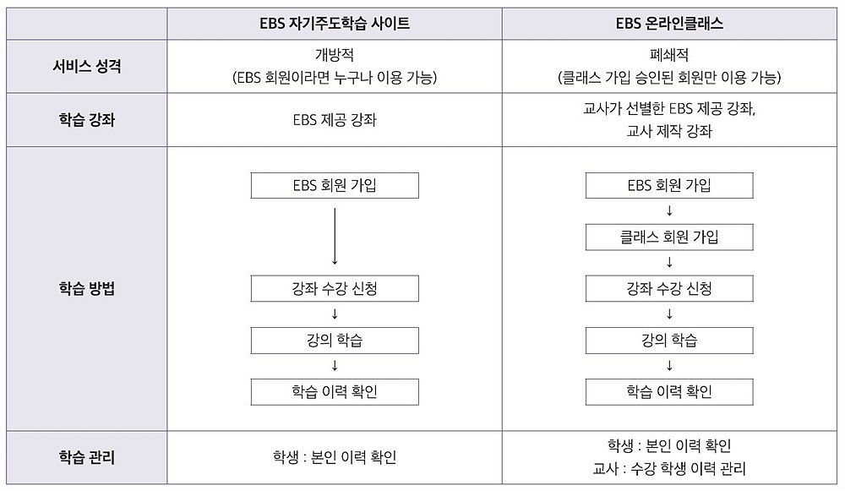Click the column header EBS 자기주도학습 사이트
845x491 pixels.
coord(335,24)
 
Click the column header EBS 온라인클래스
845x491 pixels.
coord(669,24)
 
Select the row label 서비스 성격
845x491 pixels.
coord(87,66)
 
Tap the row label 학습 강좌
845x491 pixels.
coord(87,120)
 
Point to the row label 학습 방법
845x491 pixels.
coord(87,288)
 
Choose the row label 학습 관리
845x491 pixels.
coord(87,457)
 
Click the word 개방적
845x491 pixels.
coord(335,55)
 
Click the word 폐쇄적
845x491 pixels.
coord(669,55)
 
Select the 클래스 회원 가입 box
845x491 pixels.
coord(669,237)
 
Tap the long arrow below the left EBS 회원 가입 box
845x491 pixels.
coord(335,236)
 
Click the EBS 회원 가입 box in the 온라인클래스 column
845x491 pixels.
coord(669,185)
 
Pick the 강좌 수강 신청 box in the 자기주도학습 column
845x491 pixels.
coord(335,288)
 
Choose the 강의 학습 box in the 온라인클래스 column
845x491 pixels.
coord(669,340)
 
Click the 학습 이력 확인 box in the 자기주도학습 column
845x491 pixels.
coord(335,392)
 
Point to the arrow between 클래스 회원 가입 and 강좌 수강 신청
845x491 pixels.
coord(669,263)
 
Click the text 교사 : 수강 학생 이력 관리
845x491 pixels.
coord(669,468)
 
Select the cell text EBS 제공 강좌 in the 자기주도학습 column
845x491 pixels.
coord(335,120)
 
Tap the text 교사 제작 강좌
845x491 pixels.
coord(669,131)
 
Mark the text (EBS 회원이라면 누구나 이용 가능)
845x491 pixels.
coord(335,78)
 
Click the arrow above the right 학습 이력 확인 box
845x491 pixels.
coord(669,366)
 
